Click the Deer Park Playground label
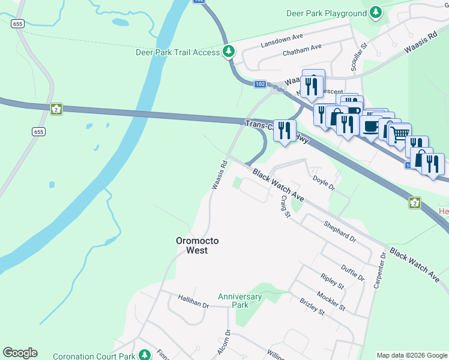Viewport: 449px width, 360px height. coord(327,13)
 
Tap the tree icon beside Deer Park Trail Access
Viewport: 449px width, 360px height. coord(229,52)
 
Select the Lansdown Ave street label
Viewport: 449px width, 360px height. coord(282,41)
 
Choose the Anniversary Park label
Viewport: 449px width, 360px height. coord(240,301)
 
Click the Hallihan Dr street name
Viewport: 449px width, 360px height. coord(193,301)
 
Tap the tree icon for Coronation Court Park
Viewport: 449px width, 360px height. coord(144,355)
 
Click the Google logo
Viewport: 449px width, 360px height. coord(20,353)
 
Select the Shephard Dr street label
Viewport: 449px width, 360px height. coord(340,230)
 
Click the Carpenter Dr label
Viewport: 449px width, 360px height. coord(379,271)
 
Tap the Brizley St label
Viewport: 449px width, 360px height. coord(312,307)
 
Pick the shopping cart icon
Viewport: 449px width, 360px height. coord(400,133)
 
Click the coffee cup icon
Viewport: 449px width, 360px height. coord(370,126)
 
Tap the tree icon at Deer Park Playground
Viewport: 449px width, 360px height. coord(376,12)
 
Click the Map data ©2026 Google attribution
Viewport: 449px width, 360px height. coord(412,355)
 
